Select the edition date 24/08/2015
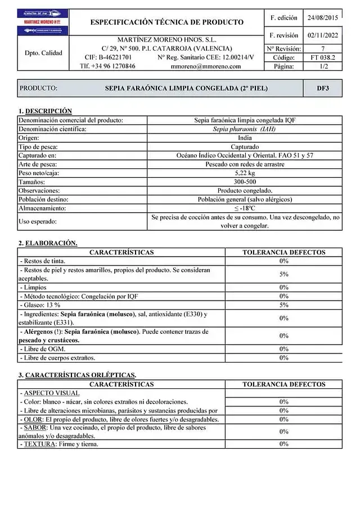(x=322, y=17)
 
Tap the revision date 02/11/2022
(x=322, y=35)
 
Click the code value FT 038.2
(x=322, y=57)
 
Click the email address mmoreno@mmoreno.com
(x=205, y=66)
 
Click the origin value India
(x=245, y=137)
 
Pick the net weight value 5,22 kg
(x=245, y=173)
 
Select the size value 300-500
(x=245, y=182)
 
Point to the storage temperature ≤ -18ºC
(x=245, y=208)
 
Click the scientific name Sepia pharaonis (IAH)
(x=245, y=129)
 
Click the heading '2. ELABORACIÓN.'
(x=48, y=243)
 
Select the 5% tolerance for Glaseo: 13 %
(x=283, y=305)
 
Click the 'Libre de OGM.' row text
(x=44, y=349)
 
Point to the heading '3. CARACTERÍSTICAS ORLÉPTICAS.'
(x=77, y=375)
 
